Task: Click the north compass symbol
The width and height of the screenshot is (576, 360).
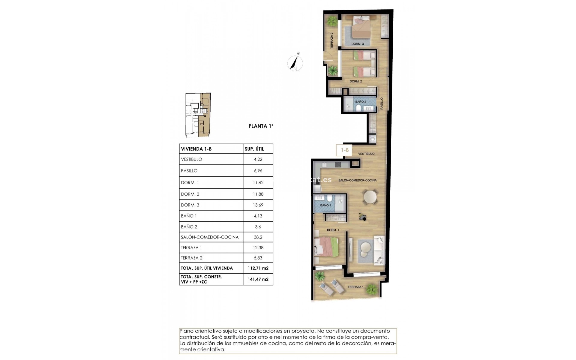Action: (x=295, y=63)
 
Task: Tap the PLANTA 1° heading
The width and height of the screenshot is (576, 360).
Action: (x=261, y=126)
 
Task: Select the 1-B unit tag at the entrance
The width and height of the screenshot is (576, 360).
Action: (x=344, y=150)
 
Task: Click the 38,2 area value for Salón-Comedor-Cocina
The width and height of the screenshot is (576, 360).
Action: (x=258, y=237)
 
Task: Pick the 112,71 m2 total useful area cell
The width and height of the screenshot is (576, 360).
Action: (x=258, y=268)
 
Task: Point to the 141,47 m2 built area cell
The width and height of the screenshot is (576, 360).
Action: (x=258, y=279)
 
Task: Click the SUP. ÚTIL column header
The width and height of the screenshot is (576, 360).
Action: (x=254, y=149)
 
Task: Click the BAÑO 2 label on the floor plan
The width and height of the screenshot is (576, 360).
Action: (x=361, y=102)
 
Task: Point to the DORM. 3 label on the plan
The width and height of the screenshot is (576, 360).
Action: (x=358, y=44)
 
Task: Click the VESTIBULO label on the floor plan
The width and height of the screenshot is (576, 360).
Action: (x=366, y=154)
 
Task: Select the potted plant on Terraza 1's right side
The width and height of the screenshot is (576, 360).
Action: (x=372, y=290)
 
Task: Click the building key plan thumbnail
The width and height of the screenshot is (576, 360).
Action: (x=198, y=115)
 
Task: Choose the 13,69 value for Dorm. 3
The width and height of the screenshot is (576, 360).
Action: (x=258, y=205)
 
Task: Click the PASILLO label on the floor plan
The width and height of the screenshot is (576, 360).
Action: (x=382, y=103)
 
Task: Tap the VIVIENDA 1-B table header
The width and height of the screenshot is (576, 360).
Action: (x=196, y=149)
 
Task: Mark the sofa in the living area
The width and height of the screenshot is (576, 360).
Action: (x=379, y=250)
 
